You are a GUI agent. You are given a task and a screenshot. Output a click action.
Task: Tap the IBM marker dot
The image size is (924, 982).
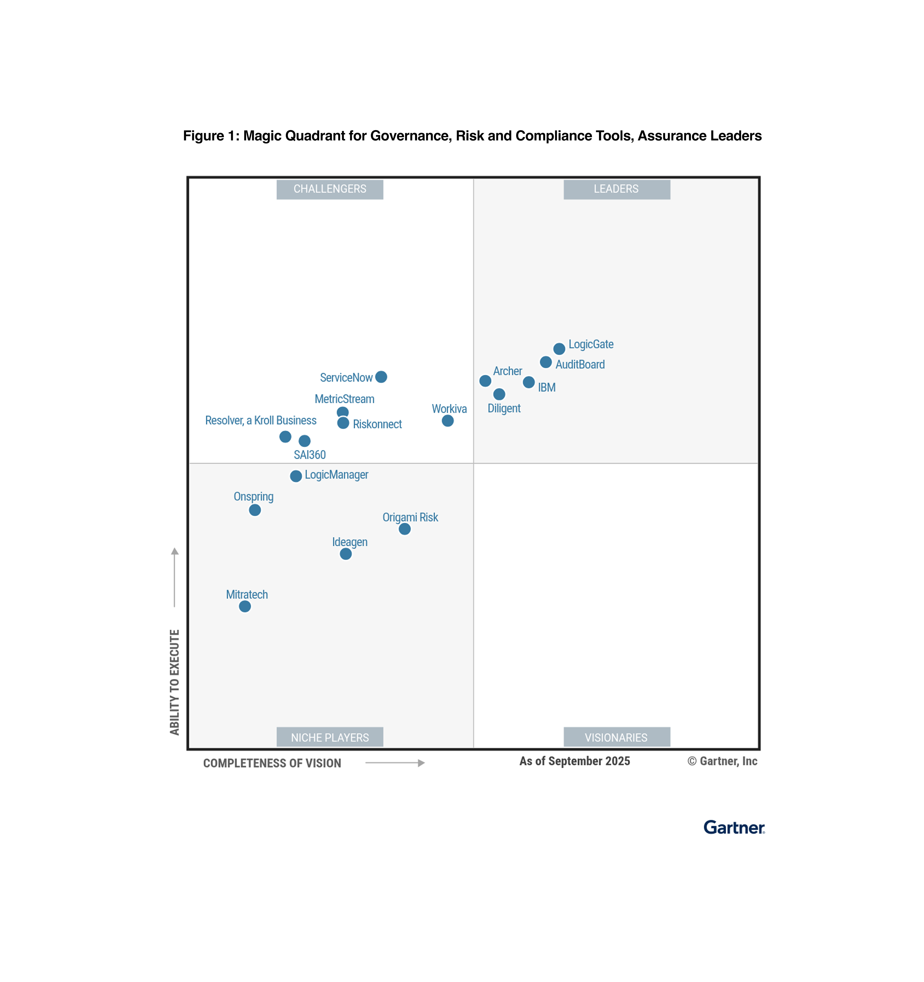pyautogui.click(x=529, y=382)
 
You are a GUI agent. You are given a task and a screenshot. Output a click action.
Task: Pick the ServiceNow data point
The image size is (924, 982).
pyautogui.click(x=381, y=377)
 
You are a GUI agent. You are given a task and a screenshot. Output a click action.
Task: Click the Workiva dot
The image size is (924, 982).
pyautogui.click(x=448, y=421)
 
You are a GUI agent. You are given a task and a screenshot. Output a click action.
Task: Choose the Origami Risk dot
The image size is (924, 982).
pyautogui.click(x=405, y=529)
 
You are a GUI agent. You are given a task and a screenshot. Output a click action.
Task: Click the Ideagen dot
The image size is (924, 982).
pyautogui.click(x=346, y=554)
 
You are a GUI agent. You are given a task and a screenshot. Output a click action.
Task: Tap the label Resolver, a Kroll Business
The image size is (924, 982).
pyautogui.click(x=261, y=420)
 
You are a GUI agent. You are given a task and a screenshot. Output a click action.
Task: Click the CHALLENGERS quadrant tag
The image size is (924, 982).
pyautogui.click(x=330, y=189)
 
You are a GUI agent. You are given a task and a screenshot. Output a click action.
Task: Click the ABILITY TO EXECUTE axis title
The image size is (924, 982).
pyautogui.click(x=174, y=682)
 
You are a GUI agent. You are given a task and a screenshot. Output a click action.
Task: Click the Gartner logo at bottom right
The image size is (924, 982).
pyautogui.click(x=734, y=828)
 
